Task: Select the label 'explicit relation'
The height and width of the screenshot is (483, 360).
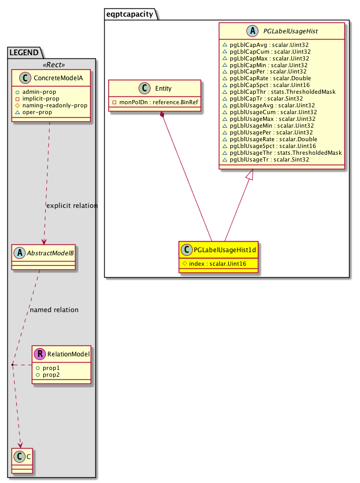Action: click(72, 205)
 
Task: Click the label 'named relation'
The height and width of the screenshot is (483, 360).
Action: click(54, 309)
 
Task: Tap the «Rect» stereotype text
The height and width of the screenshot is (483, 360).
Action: click(51, 65)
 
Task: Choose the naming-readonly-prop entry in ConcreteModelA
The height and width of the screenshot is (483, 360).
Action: click(55, 105)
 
